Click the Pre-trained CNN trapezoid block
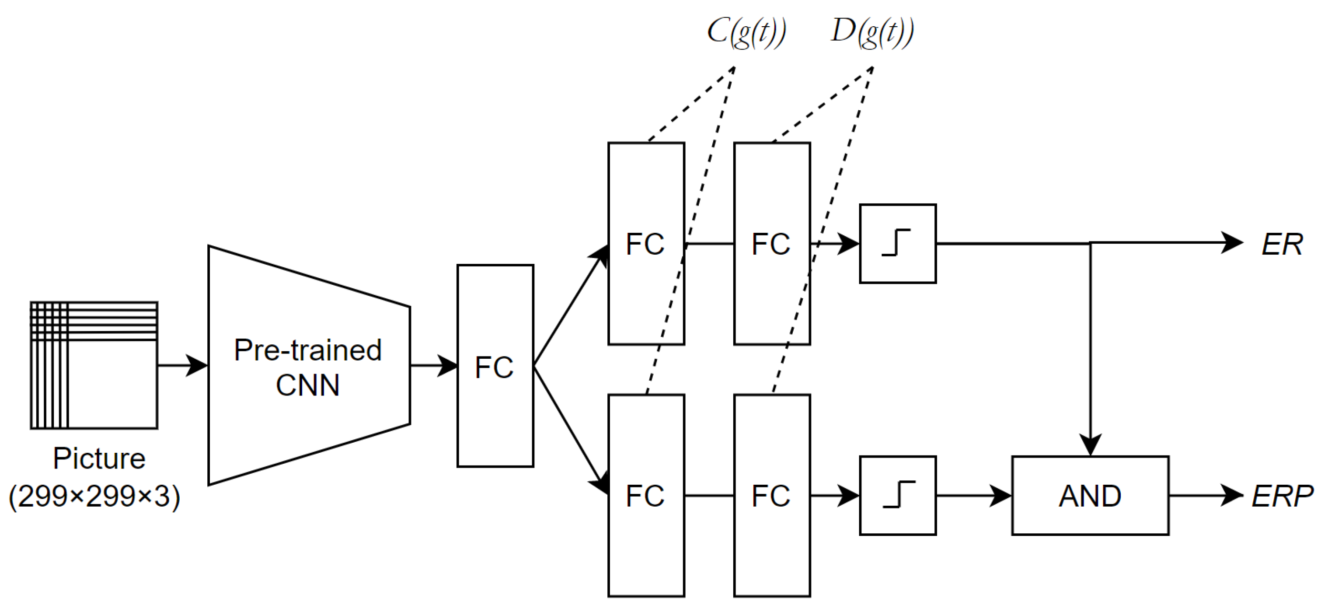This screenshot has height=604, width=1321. pos(307,365)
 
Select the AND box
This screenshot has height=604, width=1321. pos(1090,496)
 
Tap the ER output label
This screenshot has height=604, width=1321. pos(1281,244)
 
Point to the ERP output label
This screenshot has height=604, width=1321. pos(1281,496)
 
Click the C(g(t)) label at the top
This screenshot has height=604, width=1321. pos(746,32)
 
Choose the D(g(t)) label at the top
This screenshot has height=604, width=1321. pos(872,32)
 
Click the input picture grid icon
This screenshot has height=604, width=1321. pos(94,365)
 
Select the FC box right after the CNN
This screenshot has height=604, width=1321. pos(495,365)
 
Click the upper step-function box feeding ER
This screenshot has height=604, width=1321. pos(897,244)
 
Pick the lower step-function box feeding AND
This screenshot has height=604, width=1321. pos(897,496)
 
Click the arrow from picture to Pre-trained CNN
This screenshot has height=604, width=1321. pos(182,365)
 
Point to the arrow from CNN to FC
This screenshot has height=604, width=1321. pos(433,365)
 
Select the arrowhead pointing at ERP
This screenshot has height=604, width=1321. pos(1231,496)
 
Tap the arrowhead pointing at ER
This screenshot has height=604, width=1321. pos(1231,243)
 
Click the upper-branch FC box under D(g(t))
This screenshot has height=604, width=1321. pos(772,244)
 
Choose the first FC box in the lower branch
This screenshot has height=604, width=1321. pos(646,496)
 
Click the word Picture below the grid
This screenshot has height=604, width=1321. pos(99,458)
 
